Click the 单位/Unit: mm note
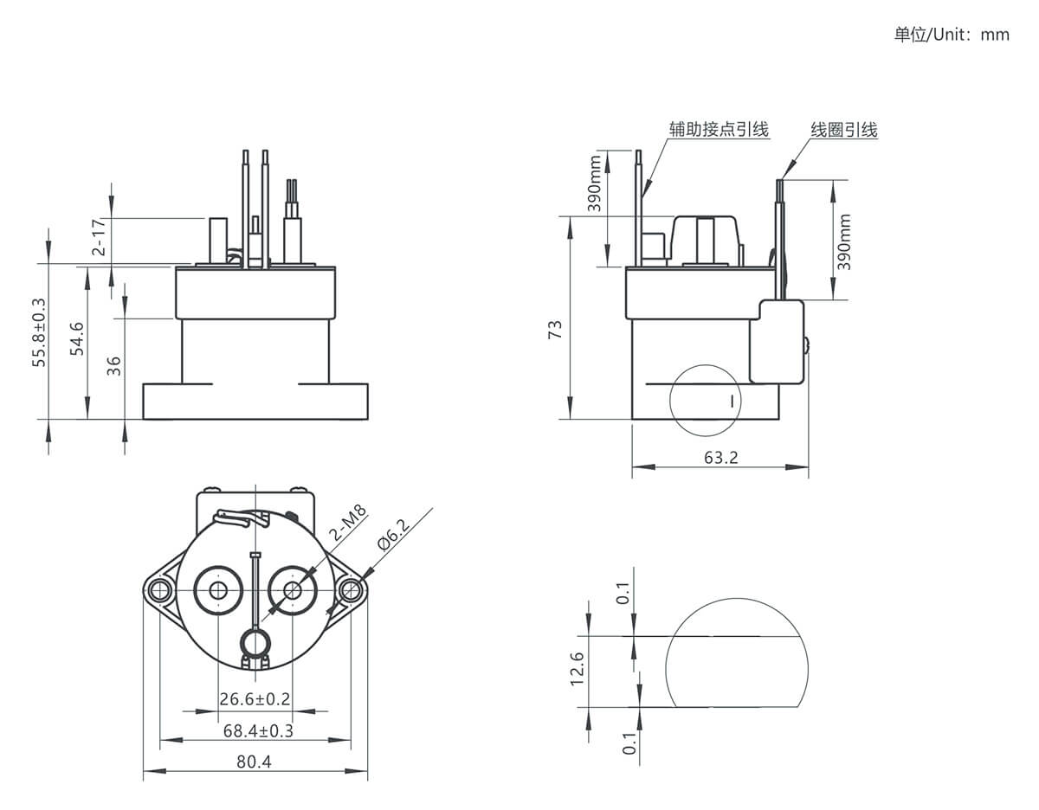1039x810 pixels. pyautogui.click(x=952, y=35)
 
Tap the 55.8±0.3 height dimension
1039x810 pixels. pyautogui.click(x=39, y=332)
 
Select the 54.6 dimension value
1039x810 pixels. pyautogui.click(x=77, y=339)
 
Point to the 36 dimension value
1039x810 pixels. pyautogui.click(x=114, y=366)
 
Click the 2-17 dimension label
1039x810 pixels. pyautogui.click(x=99, y=237)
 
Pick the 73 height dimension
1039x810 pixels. pyautogui.click(x=555, y=331)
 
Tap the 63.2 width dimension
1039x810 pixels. pyautogui.click(x=721, y=458)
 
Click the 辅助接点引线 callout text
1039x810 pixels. pyautogui.click(x=719, y=130)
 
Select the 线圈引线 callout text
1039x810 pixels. pyautogui.click(x=844, y=130)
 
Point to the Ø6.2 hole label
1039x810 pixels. pyautogui.click(x=394, y=534)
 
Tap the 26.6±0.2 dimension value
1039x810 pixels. pyautogui.click(x=255, y=699)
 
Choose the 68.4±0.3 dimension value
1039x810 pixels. pyautogui.click(x=258, y=730)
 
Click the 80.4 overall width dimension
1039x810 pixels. pyautogui.click(x=254, y=762)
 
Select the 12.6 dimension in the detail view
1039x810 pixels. pyautogui.click(x=578, y=669)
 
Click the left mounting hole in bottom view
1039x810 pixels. pyautogui.click(x=158, y=591)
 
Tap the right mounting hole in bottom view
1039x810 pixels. pyautogui.click(x=351, y=591)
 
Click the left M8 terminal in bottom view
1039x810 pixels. pyautogui.click(x=218, y=591)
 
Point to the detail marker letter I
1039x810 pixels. pyautogui.click(x=732, y=401)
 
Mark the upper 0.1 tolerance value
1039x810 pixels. pyautogui.click(x=623, y=593)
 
